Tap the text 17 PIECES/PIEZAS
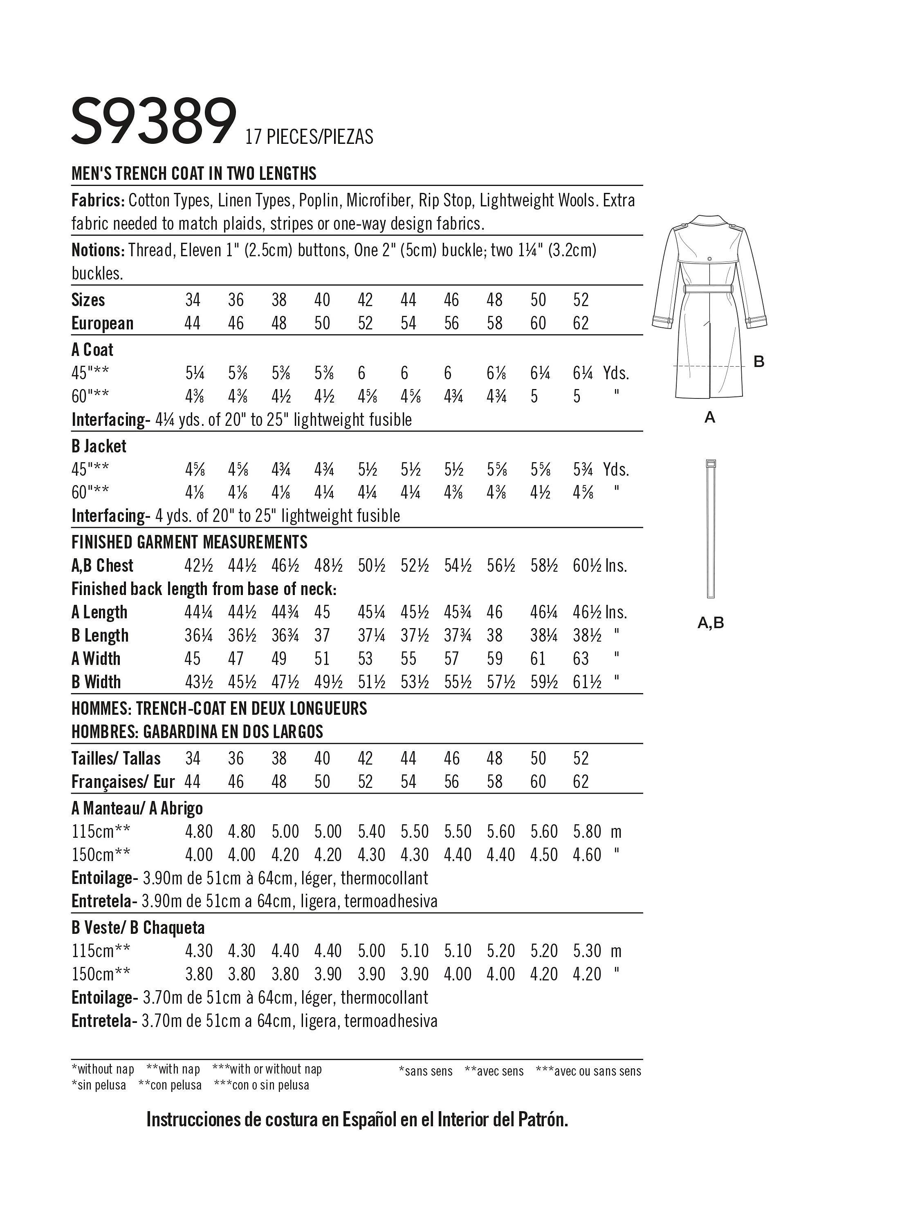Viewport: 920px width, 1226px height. coord(309,137)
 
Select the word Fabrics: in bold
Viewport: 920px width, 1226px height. coord(97,200)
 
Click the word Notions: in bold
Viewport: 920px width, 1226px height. coord(98,250)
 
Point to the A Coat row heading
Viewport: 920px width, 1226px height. coord(92,350)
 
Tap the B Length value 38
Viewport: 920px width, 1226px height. coord(494,635)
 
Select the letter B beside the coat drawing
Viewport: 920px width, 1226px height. coord(758,362)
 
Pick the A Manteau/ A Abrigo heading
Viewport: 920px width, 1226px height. coord(137,809)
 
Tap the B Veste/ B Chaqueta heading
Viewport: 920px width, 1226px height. coord(138,927)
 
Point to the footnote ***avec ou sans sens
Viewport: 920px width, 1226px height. coord(588,1072)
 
